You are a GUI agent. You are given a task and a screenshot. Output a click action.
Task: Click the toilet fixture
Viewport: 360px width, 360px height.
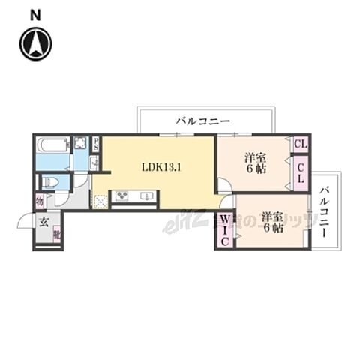[x=49, y=182]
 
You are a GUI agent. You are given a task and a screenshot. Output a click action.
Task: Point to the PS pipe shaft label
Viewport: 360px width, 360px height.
[x=96, y=145]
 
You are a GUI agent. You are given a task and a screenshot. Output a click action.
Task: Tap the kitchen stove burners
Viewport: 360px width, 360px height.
[x=122, y=198]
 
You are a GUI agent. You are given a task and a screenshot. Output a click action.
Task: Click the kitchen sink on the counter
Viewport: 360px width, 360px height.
[x=145, y=198]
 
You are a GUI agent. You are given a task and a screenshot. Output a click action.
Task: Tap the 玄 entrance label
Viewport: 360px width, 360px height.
[x=43, y=222]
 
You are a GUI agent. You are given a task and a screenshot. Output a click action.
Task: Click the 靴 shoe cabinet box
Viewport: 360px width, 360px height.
[x=57, y=234]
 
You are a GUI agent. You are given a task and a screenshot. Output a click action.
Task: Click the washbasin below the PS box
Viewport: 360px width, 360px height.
[x=95, y=163]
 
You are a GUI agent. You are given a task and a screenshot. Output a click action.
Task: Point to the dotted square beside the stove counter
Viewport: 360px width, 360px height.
[x=100, y=200]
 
